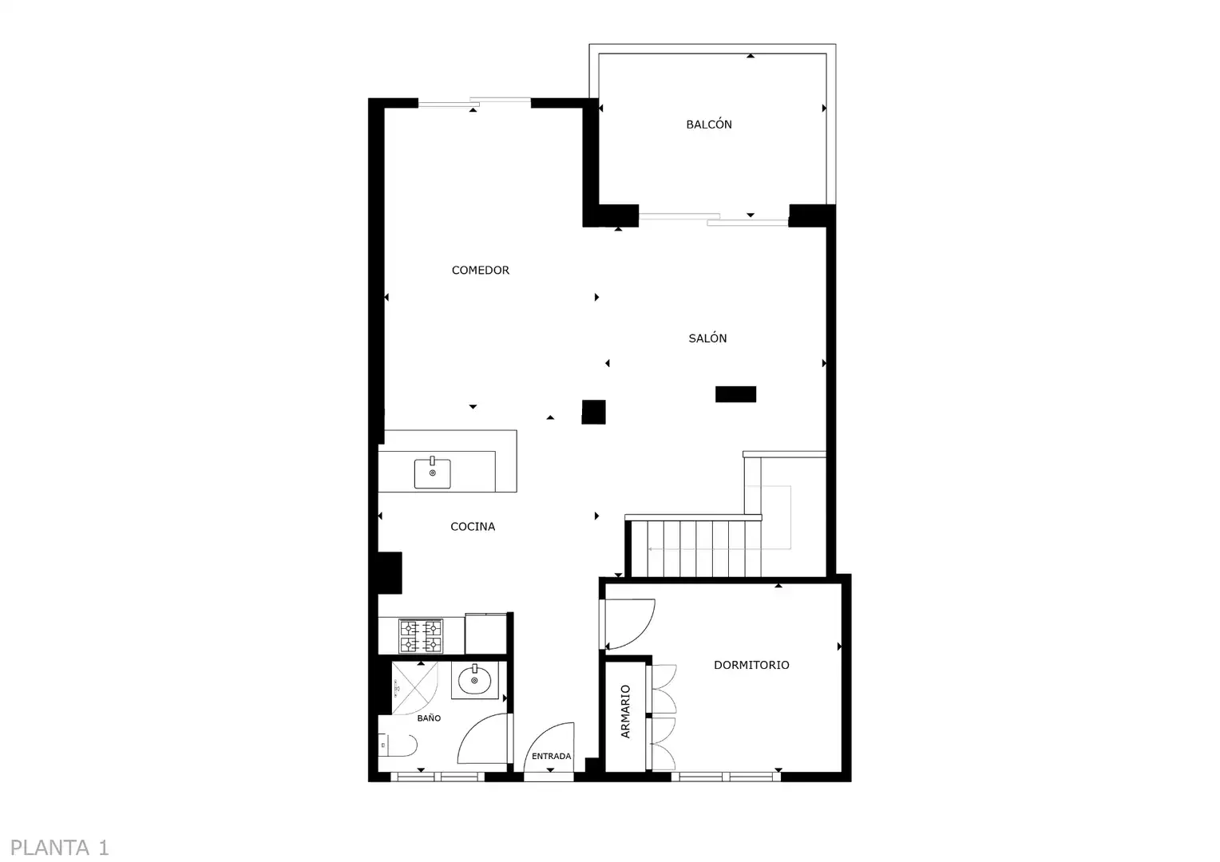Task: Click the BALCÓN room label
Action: (708, 125)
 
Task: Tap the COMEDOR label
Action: (481, 270)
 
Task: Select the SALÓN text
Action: (707, 338)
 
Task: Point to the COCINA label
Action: (473, 527)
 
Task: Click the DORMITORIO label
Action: (751, 665)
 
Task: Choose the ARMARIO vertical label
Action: (625, 711)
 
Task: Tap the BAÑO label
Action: (430, 718)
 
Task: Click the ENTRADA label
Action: (551, 756)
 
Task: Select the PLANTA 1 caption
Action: (60, 848)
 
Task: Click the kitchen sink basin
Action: (433, 473)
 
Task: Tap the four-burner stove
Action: (421, 636)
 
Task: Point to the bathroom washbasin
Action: (474, 680)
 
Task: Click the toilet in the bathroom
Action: (398, 745)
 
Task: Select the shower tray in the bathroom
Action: (414, 688)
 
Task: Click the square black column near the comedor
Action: (594, 412)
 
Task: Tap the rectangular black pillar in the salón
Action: (735, 394)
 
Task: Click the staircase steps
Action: (696, 548)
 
